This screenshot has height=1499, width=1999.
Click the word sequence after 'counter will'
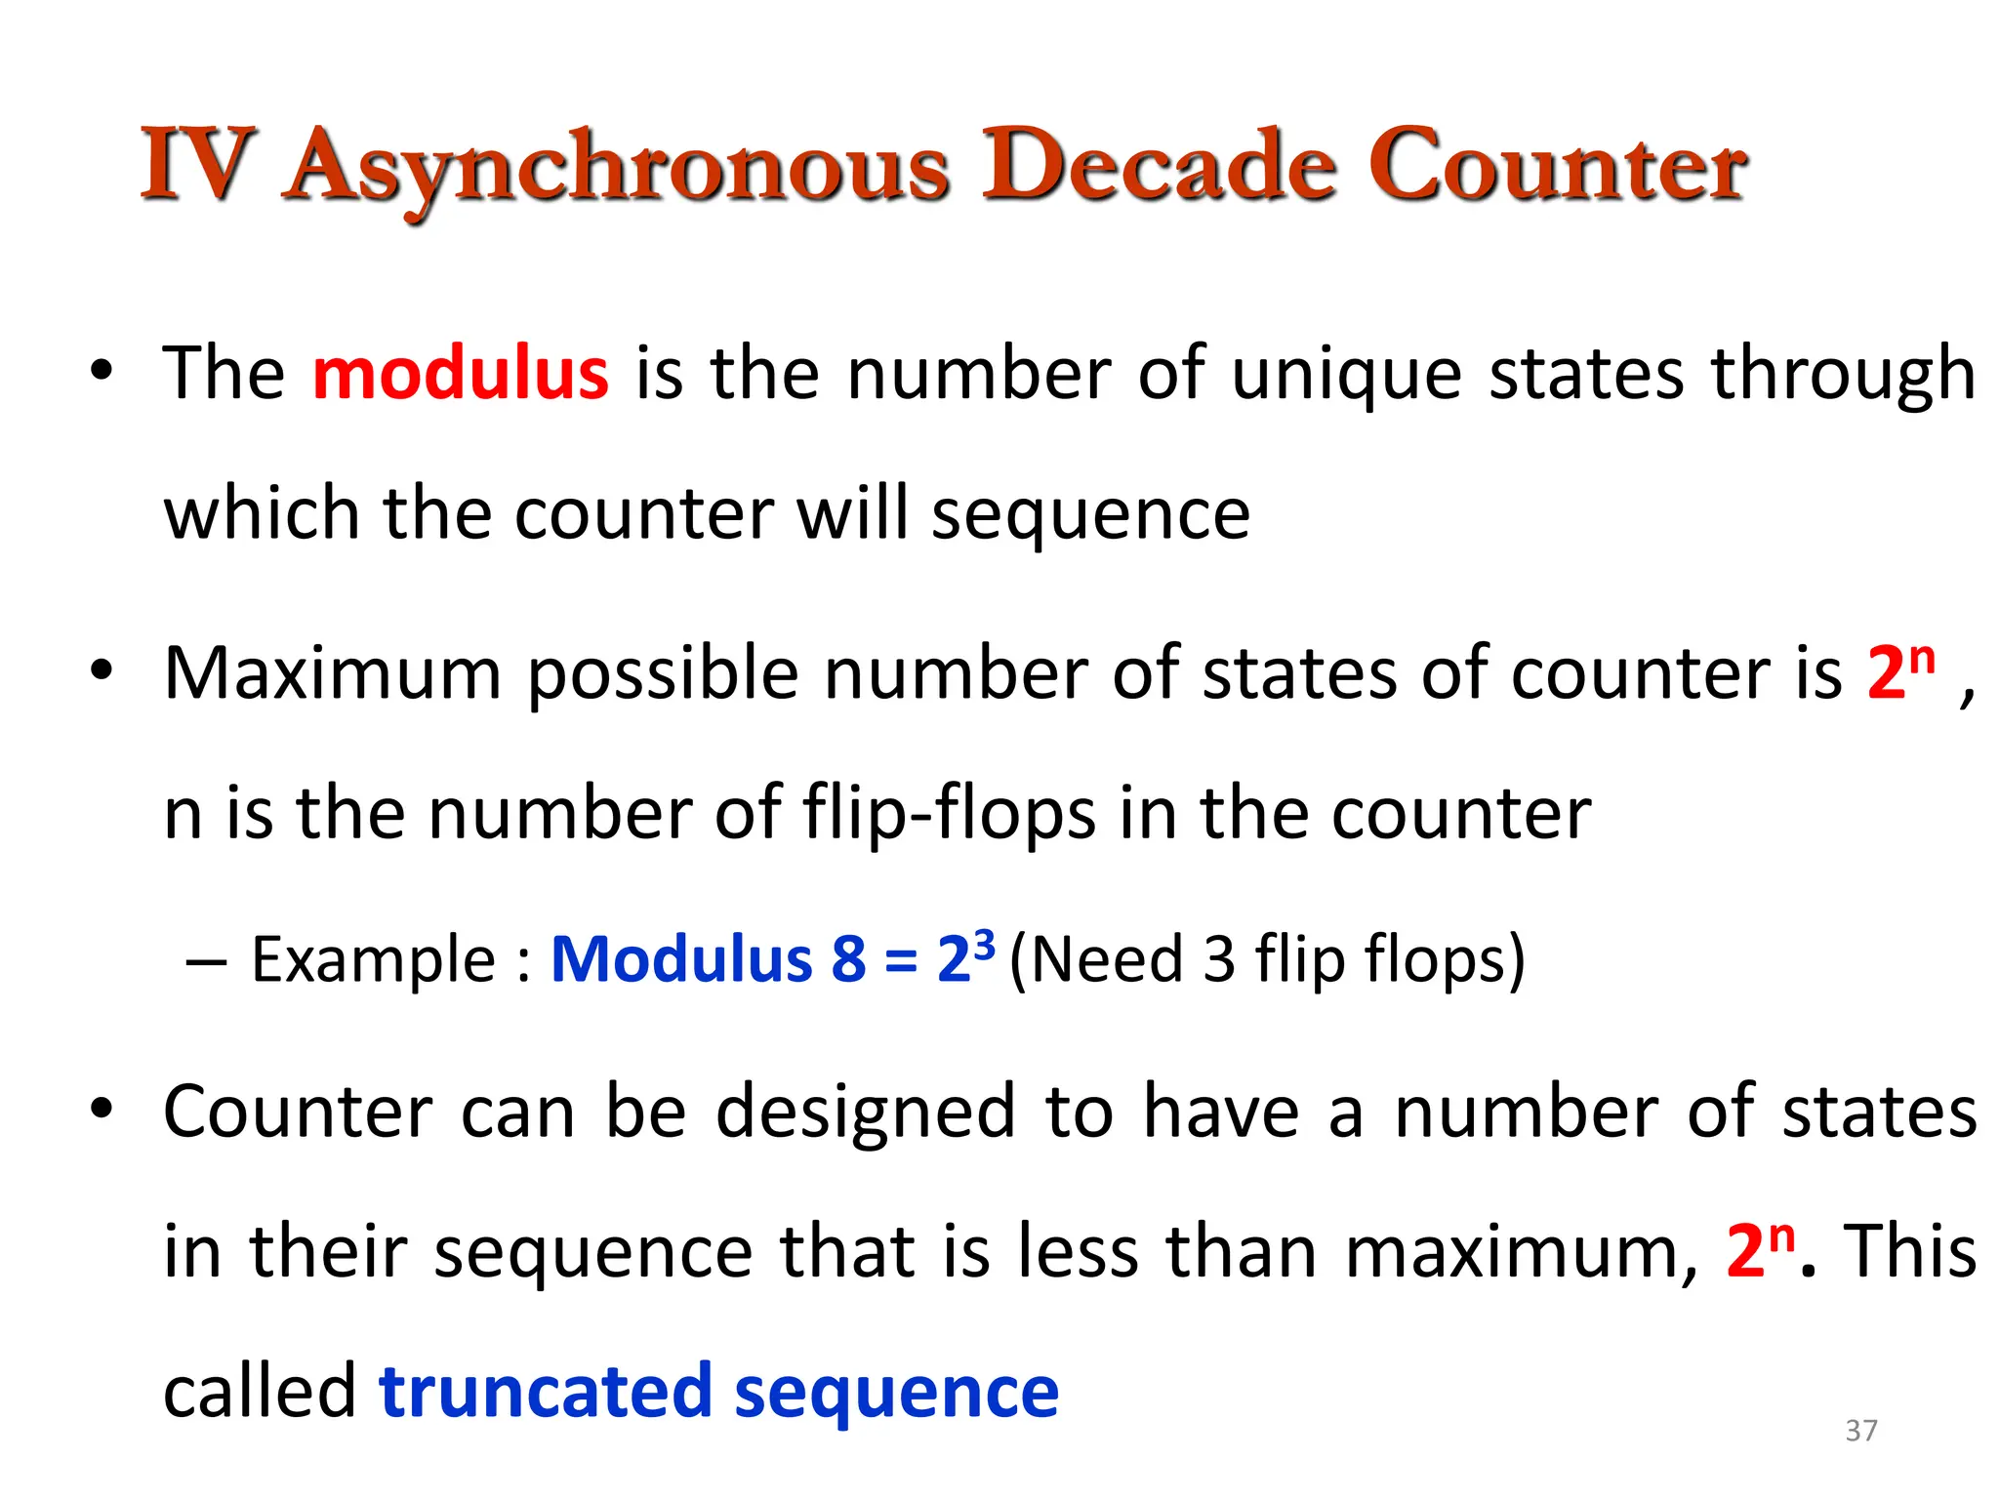pyautogui.click(x=1090, y=515)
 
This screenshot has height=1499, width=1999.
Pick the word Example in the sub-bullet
pyautogui.click(x=374, y=960)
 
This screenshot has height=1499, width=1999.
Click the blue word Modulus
pyautogui.click(x=681, y=958)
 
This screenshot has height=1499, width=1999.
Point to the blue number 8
pyautogui.click(x=848, y=958)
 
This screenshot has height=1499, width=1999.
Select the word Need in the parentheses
pyautogui.click(x=1107, y=958)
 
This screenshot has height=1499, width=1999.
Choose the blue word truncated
pyautogui.click(x=545, y=1392)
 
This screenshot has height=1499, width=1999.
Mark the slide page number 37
pyautogui.click(x=1861, y=1431)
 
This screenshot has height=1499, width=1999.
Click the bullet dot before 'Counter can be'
pyautogui.click(x=102, y=1110)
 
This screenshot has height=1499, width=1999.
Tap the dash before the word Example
pyautogui.click(x=206, y=962)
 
